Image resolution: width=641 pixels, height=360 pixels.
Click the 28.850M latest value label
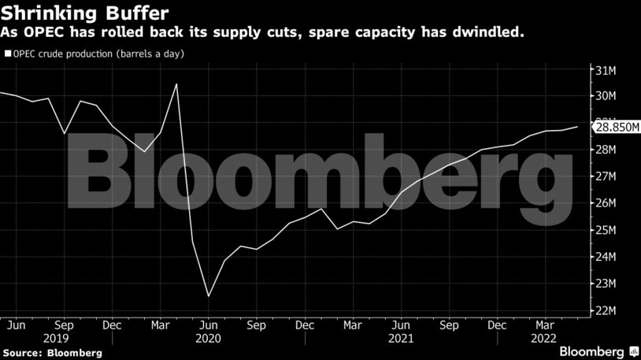(617, 127)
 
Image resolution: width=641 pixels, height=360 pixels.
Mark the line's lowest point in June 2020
(209, 296)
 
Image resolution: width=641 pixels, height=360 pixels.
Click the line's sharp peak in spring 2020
(176, 84)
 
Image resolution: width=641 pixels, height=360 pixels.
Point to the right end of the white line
(578, 127)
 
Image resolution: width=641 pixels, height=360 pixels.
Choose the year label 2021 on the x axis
(401, 337)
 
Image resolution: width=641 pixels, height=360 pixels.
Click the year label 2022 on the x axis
(543, 337)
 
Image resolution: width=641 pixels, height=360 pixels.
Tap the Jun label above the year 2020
(209, 325)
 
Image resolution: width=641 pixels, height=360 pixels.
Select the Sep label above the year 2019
(65, 325)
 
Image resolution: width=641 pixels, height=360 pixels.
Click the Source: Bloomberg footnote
(52, 352)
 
